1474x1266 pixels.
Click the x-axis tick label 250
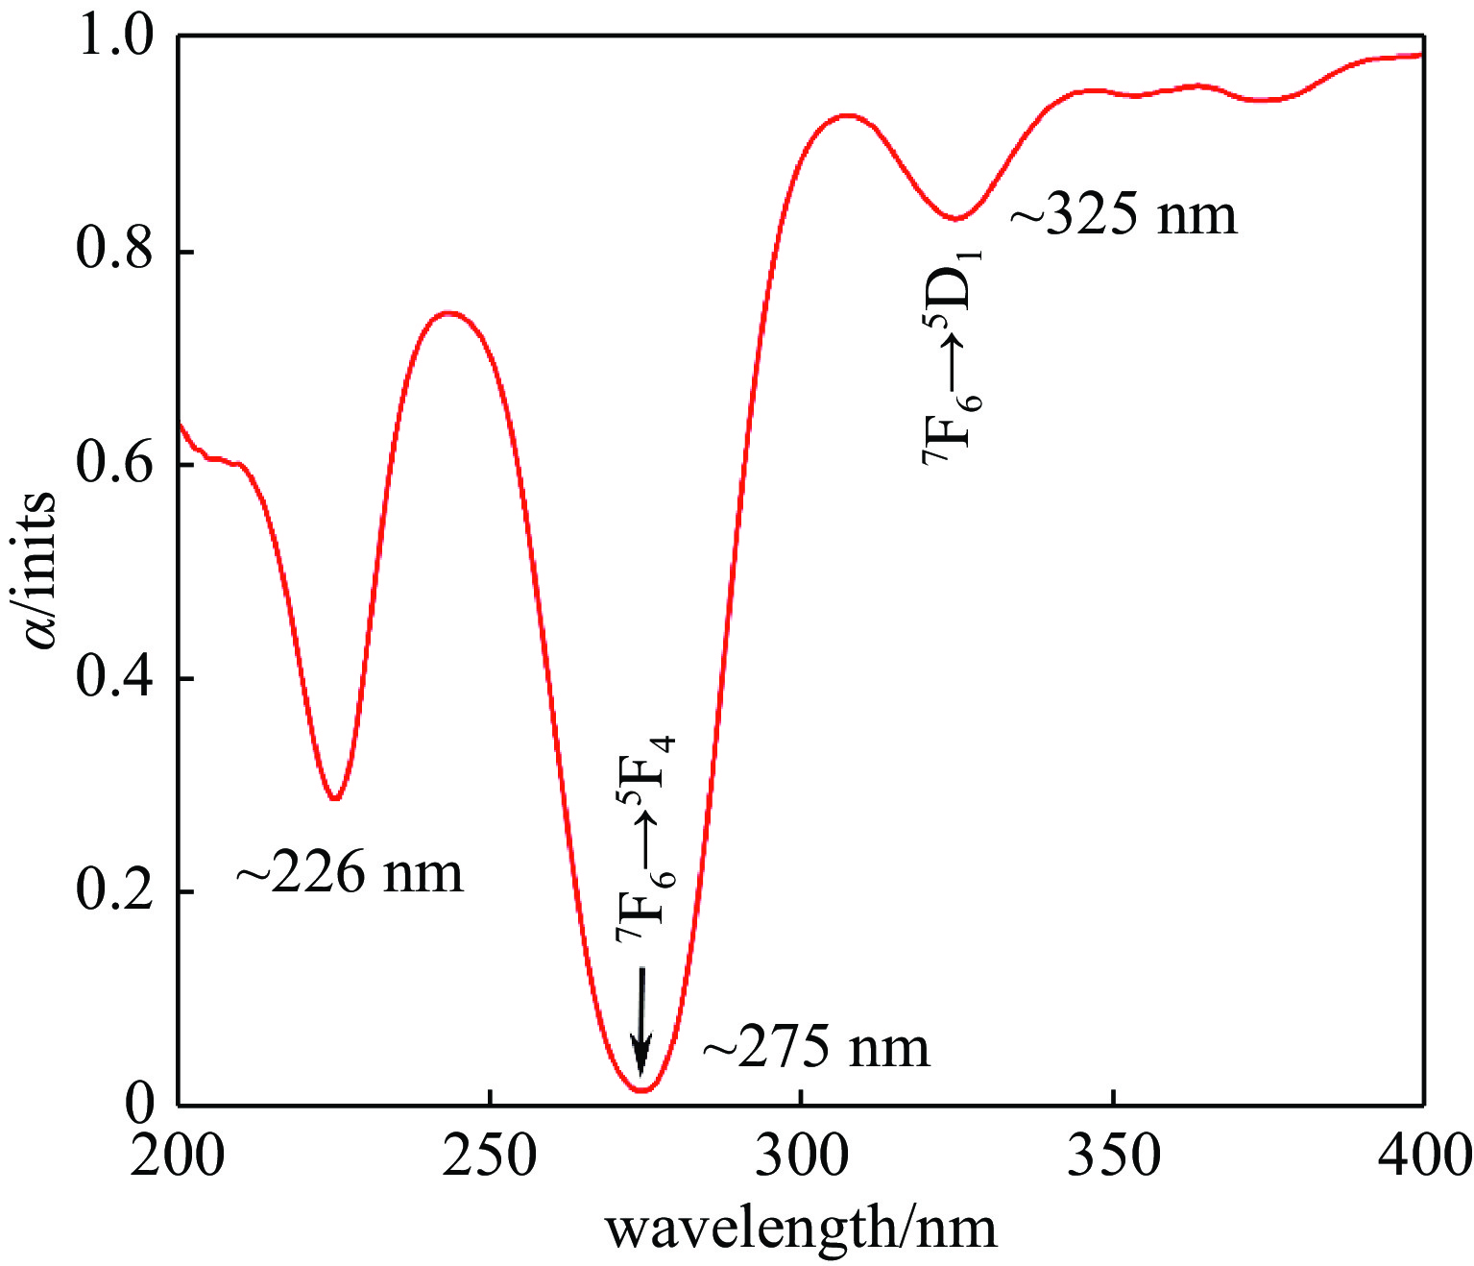click(490, 1156)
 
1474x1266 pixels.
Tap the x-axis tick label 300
click(802, 1156)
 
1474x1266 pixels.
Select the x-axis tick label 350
click(1113, 1156)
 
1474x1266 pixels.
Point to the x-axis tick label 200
click(179, 1156)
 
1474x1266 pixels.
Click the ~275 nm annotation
click(817, 1047)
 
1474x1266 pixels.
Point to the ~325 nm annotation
click(1124, 215)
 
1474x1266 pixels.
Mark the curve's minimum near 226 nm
click(335, 798)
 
